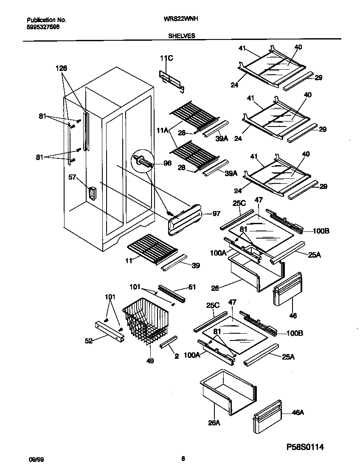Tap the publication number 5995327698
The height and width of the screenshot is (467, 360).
point(43,26)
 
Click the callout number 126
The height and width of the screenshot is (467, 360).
point(61,68)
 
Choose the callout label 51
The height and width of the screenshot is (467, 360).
point(192,287)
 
